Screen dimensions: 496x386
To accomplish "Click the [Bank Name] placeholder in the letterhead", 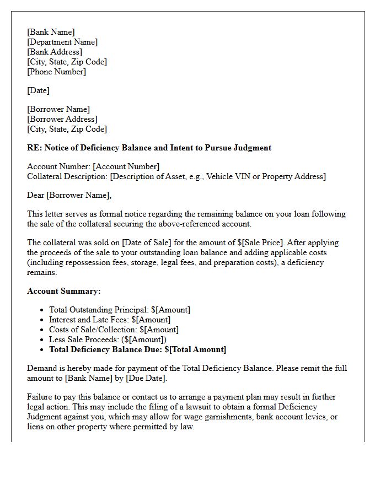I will [51, 32].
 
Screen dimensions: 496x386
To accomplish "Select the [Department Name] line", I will [62, 42].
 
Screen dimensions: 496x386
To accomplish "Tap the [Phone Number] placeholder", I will [57, 72].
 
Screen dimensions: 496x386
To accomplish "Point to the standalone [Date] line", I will [38, 90].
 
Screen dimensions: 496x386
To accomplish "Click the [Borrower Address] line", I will [62, 119].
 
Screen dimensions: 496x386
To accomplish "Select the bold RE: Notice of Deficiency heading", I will [149, 148].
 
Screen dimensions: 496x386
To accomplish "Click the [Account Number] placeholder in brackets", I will [126, 166].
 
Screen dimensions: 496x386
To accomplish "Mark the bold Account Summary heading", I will [64, 291].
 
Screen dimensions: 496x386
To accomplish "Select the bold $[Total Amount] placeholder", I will [195, 349].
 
